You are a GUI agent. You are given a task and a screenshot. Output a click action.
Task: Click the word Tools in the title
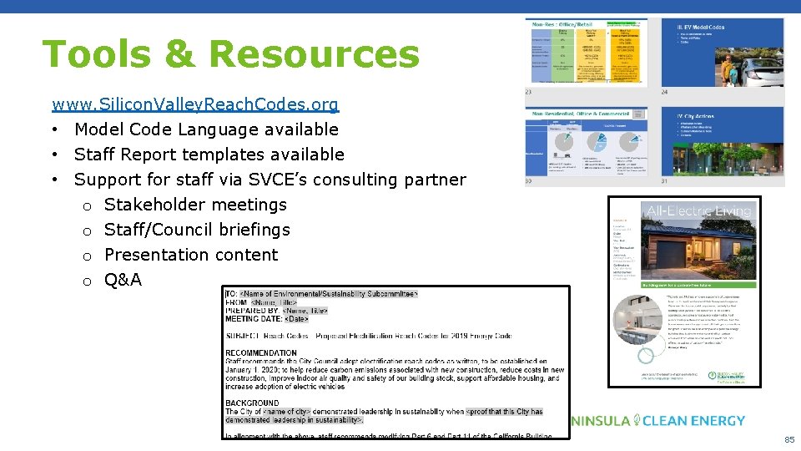[92, 54]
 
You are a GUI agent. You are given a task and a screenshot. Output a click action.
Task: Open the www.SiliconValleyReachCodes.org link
[195, 105]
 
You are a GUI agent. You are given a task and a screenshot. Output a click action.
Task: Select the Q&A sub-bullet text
[123, 280]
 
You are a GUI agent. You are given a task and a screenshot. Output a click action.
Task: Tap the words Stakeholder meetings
[195, 205]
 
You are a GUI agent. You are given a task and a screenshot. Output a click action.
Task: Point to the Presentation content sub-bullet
[191, 255]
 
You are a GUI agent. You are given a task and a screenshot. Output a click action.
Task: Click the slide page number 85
[788, 439]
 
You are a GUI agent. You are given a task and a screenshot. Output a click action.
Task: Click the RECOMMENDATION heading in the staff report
[261, 352]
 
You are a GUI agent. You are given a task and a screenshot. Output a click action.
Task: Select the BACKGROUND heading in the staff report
[252, 403]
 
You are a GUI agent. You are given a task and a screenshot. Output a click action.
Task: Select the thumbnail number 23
[530, 92]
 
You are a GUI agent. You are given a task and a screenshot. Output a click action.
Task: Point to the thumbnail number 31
[664, 181]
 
